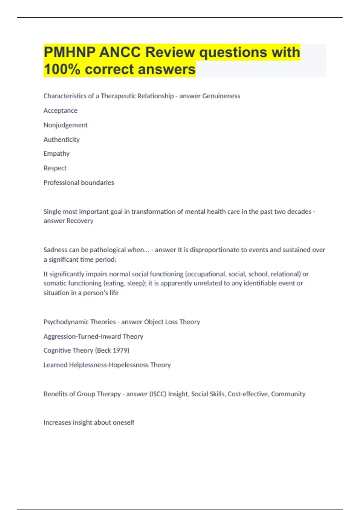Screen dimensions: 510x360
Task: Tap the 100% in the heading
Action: point(62,69)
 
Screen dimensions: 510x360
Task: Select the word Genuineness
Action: point(221,96)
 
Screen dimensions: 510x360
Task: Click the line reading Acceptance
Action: point(60,111)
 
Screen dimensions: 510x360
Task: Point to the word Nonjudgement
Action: point(65,125)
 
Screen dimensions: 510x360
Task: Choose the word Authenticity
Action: point(61,139)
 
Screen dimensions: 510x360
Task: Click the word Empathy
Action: point(56,154)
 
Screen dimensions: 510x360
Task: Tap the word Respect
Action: point(55,168)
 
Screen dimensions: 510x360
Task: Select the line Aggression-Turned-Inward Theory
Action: point(93,337)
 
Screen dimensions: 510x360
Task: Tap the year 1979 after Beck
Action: point(121,350)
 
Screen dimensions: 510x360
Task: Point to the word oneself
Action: point(124,422)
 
